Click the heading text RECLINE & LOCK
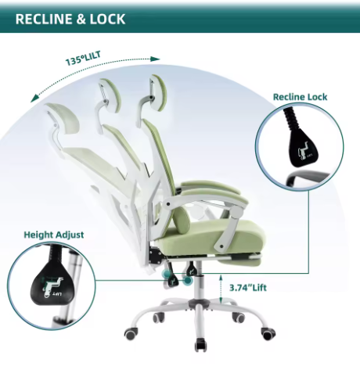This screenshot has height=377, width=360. [x=70, y=19]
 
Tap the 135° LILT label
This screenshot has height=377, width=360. [x=83, y=59]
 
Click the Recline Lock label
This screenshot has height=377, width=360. [x=300, y=97]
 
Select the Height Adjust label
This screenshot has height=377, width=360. [x=54, y=235]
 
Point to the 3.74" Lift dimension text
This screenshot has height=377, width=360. [x=248, y=288]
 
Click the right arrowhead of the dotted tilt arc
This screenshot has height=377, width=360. [x=156, y=59]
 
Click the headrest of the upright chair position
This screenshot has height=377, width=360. [x=158, y=90]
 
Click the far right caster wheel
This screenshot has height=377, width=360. [x=268, y=333]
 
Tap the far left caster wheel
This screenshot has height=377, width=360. [x=131, y=334]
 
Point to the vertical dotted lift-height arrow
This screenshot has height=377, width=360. [x=221, y=289]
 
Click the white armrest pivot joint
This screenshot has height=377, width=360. [x=237, y=210]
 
